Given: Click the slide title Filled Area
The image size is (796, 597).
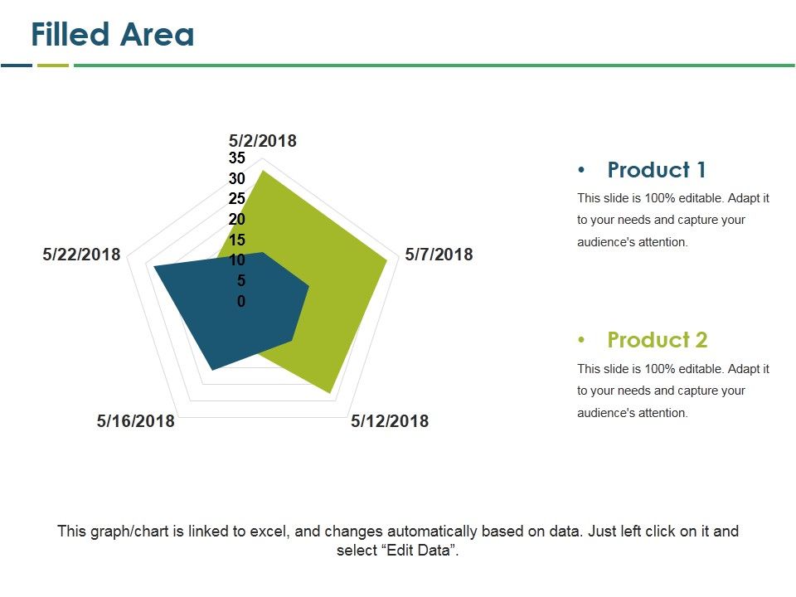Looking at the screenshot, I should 112,35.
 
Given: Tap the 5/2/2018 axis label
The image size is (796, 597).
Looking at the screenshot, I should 262,140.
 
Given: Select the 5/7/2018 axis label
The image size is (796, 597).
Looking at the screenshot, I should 439,255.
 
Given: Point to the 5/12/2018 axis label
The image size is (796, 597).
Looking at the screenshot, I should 390,421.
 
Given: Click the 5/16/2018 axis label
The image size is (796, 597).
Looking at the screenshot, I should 136,421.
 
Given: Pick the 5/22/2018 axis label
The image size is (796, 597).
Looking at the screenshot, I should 81,255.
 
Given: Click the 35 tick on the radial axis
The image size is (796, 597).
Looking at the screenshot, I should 237,158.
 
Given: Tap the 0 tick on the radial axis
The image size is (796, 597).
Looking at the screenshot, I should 241,302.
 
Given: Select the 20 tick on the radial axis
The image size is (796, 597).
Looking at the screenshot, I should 237,220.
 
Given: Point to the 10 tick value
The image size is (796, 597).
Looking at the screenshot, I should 237,260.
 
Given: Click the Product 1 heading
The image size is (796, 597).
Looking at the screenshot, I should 657,170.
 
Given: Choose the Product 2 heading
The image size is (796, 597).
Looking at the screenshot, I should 657,340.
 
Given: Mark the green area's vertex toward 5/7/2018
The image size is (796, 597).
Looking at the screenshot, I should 387,260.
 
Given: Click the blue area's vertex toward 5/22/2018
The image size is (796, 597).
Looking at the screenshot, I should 153,266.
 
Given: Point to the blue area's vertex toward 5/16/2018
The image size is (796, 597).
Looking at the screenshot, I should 212,370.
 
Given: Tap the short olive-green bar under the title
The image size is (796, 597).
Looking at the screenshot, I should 53,65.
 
